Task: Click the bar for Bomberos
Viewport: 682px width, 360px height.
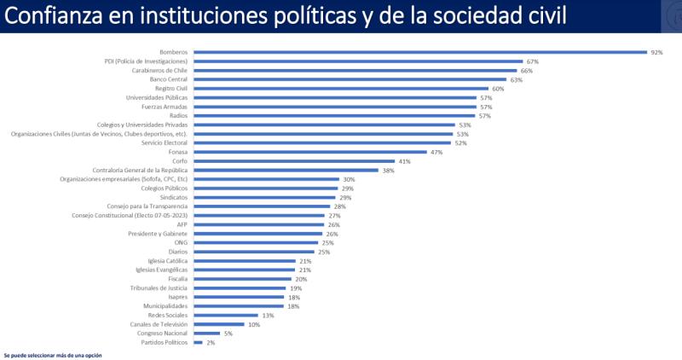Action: (420, 52)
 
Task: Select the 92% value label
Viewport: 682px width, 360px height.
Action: (656, 52)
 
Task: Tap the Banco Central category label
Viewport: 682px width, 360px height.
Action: (169, 79)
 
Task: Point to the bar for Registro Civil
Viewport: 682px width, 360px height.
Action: (341, 89)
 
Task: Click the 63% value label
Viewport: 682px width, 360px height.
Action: (516, 79)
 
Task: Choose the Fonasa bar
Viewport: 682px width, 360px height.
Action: (310, 152)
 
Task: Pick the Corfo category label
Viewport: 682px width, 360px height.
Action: (180, 161)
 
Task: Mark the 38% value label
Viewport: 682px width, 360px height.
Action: (388, 170)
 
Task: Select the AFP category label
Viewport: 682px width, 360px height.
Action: (182, 224)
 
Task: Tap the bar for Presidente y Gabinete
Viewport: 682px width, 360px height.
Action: (258, 234)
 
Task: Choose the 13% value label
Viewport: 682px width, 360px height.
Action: (268, 315)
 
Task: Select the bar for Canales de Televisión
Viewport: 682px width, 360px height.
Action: (219, 324)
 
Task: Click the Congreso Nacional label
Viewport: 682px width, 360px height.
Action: (165, 334)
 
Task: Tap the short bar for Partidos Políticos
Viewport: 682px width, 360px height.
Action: (198, 342)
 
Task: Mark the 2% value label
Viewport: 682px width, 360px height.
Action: (211, 342)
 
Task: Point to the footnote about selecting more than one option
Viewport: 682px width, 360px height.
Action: (53, 354)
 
